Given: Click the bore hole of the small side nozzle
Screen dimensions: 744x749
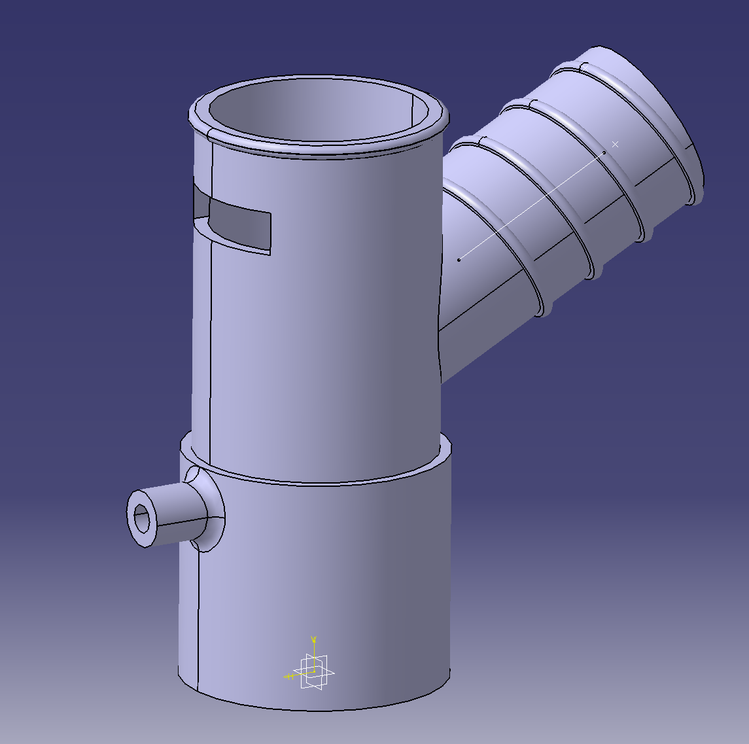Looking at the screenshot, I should pos(141,519).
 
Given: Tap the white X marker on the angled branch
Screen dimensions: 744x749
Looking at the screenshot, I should pos(615,144).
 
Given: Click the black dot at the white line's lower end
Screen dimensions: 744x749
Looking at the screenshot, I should pos(459,260).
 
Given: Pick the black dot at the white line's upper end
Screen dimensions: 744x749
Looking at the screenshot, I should pos(604,153).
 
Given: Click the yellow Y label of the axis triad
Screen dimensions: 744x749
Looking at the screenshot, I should pos(314,639).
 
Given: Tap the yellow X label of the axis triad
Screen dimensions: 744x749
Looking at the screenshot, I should pos(288,677).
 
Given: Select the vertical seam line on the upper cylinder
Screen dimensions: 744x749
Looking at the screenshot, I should pos(211,294).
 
